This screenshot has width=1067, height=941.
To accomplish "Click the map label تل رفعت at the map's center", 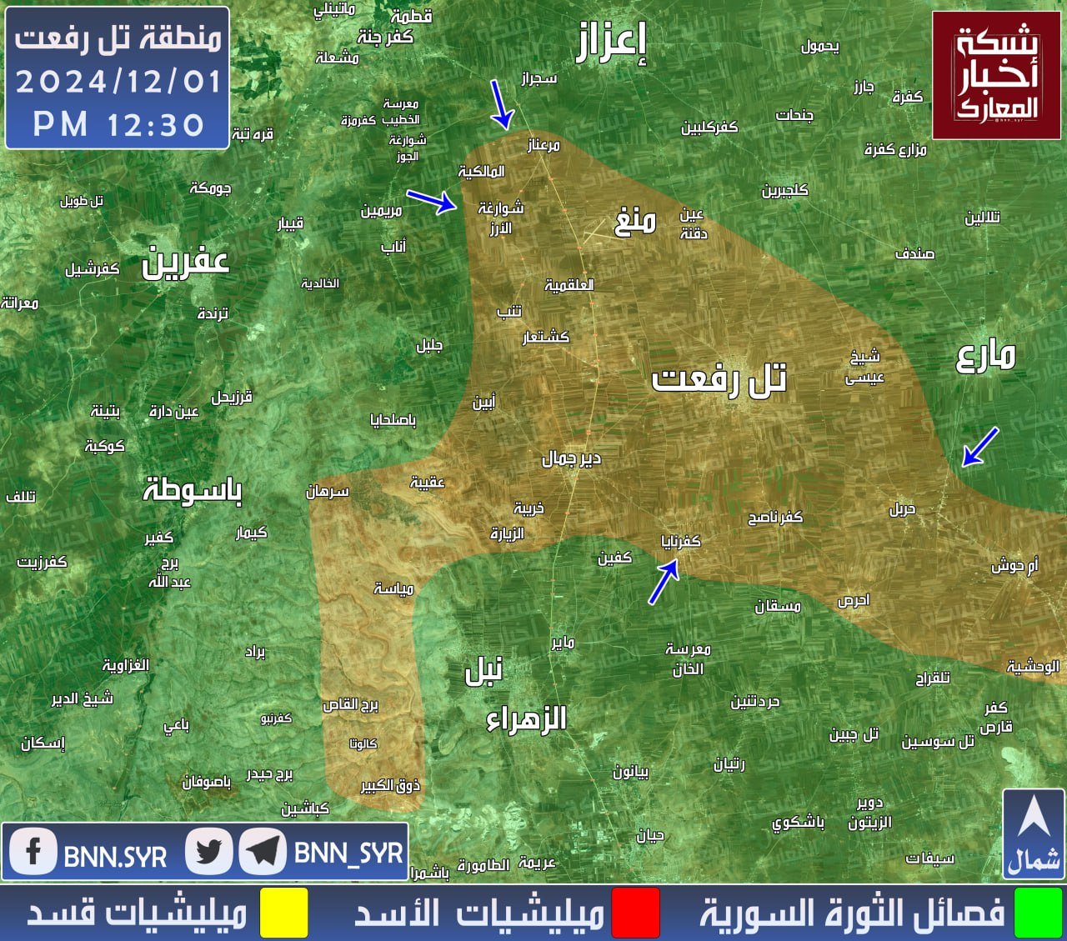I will click(719, 380).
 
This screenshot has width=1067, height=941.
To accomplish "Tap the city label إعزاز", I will click(611, 43).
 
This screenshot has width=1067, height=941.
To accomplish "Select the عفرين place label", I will click(185, 263).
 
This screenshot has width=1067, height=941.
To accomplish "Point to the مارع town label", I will click(985, 356).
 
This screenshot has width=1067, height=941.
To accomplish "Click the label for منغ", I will click(635, 222).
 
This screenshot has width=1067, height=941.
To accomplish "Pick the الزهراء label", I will click(527, 718).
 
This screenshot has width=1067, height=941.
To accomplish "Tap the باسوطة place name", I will click(193, 489).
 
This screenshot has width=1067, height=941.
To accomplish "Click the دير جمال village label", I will click(571, 458).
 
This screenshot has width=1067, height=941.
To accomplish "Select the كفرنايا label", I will click(681, 542).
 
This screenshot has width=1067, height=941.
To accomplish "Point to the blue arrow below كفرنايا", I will click(664, 582).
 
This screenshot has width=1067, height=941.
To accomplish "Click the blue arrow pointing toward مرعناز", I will click(500, 105).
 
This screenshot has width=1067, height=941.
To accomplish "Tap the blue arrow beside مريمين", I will click(432, 201).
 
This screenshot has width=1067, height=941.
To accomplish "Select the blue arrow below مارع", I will click(980, 447).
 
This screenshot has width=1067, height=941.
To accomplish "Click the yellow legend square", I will click(283, 913).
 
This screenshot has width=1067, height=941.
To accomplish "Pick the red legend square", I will click(635, 913).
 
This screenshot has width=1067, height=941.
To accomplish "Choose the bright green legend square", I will click(1038, 913).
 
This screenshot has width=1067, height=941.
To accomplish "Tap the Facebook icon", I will click(33, 852).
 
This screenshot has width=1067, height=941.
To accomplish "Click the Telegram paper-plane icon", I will click(263, 852).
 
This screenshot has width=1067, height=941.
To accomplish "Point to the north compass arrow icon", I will click(1034, 821).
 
